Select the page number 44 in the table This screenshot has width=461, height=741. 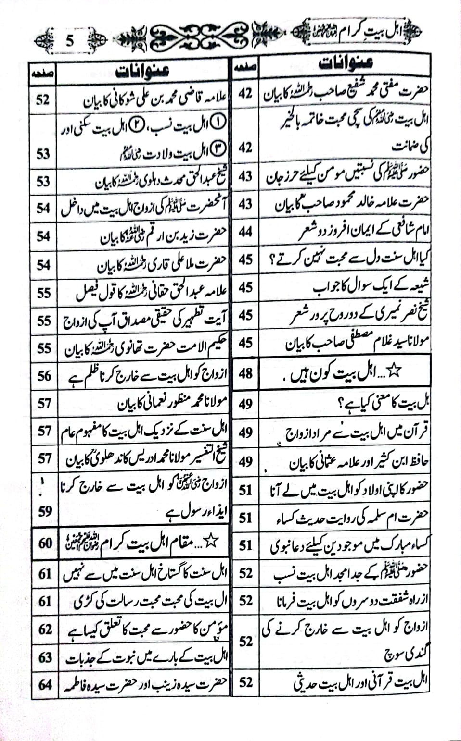245,232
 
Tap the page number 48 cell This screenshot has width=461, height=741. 245,373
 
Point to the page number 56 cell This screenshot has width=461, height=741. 45,376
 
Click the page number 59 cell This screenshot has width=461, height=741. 45,510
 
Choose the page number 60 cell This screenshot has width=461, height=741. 45,543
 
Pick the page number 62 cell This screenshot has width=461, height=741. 45,629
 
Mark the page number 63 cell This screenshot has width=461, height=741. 45,656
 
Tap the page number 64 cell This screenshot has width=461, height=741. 45,684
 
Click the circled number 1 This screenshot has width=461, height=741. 218,122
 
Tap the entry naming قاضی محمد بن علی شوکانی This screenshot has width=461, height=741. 154,101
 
